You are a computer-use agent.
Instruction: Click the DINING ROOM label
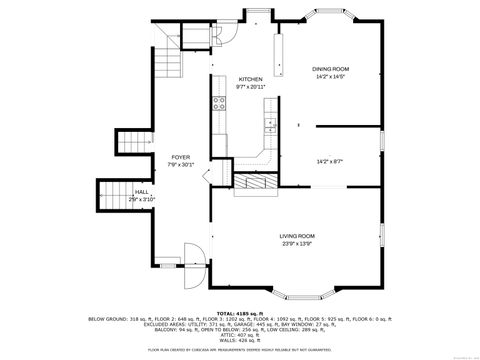click(x=330, y=69)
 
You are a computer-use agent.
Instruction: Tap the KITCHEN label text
click(x=250, y=79)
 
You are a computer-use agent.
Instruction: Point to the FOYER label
click(x=180, y=157)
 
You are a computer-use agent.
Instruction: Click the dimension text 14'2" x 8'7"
click(x=330, y=161)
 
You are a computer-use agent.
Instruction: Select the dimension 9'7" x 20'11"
click(x=250, y=87)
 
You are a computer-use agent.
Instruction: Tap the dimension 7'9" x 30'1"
click(x=180, y=165)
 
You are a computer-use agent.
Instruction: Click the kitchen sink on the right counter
click(x=270, y=125)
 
